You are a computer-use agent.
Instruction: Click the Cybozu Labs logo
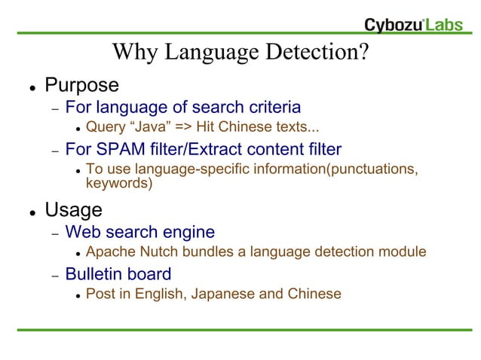pyautogui.click(x=418, y=25)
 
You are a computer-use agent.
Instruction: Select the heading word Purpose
pyautogui.click(x=81, y=85)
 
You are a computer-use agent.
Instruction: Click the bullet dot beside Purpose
pyautogui.click(x=33, y=87)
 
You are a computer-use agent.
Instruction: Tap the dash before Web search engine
pyautogui.click(x=55, y=233)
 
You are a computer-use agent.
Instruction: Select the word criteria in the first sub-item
pyautogui.click(x=271, y=107)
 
